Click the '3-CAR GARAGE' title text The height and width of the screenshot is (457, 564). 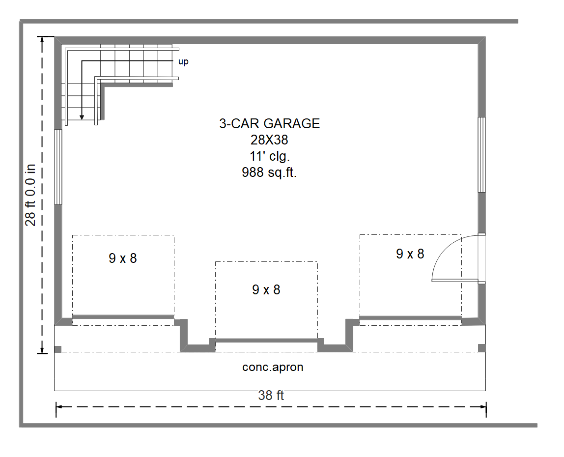point(269,123)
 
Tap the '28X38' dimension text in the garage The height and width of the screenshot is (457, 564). point(269,140)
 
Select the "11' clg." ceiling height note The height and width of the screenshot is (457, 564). point(270,156)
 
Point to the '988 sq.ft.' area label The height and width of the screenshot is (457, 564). point(269,172)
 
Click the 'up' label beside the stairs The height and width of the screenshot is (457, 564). point(183,62)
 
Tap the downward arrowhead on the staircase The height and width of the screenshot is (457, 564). point(82,117)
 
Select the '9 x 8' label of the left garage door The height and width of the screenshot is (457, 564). point(123,258)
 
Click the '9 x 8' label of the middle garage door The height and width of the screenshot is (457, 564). point(266,289)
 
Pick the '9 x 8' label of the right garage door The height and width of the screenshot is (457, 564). point(410,254)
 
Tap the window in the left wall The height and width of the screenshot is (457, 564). point(58,167)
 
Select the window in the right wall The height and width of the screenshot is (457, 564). point(481,155)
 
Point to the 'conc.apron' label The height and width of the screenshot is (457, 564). point(273,367)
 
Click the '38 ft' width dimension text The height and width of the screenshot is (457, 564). point(271,396)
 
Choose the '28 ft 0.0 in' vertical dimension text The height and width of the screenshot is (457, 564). point(30,195)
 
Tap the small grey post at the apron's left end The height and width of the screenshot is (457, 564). point(57,349)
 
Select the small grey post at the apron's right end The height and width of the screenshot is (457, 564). point(481,347)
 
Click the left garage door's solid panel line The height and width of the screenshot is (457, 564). point(123,316)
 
